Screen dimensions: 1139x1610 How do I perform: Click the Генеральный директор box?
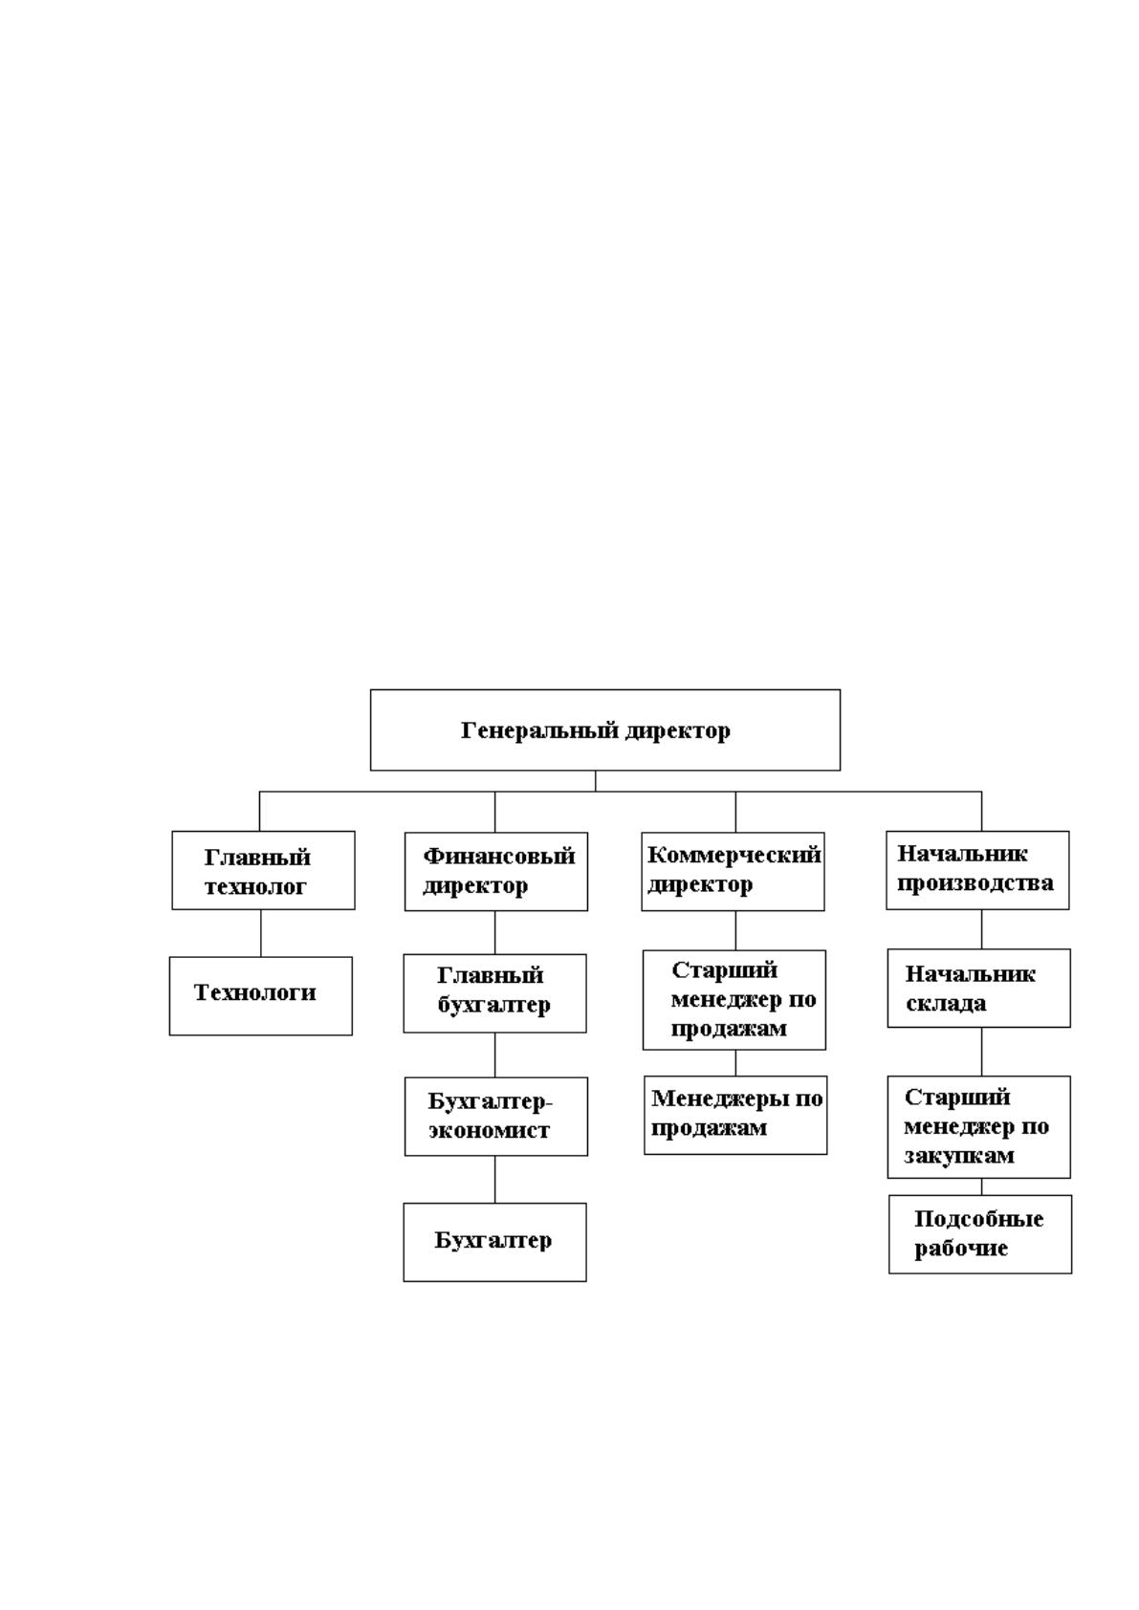[x=604, y=729]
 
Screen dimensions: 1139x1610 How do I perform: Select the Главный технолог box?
[x=263, y=870]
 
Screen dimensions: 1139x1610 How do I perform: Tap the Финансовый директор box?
[x=496, y=872]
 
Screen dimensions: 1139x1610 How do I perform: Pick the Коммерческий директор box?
[x=733, y=872]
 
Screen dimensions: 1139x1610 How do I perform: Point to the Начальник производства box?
[x=977, y=870]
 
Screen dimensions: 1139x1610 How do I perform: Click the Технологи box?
[x=261, y=995]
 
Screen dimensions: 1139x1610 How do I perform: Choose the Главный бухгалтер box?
[x=494, y=993]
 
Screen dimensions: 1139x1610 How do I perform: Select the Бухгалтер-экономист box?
[x=496, y=1117]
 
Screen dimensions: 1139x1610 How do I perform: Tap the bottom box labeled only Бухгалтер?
[x=494, y=1242]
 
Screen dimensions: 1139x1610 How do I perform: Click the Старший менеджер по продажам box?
[x=734, y=1000]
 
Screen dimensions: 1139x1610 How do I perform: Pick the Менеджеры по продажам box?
[x=735, y=1115]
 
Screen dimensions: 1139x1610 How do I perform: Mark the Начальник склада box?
[x=978, y=988]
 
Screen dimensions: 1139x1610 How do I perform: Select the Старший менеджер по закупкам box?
[x=978, y=1126]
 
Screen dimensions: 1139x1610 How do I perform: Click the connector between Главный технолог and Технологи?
[x=260, y=933]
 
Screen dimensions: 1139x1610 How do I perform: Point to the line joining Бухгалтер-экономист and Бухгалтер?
[x=494, y=1180]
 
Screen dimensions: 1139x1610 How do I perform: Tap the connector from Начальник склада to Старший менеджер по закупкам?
[x=981, y=1052]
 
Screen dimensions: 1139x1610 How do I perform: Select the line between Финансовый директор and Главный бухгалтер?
[x=494, y=933]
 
